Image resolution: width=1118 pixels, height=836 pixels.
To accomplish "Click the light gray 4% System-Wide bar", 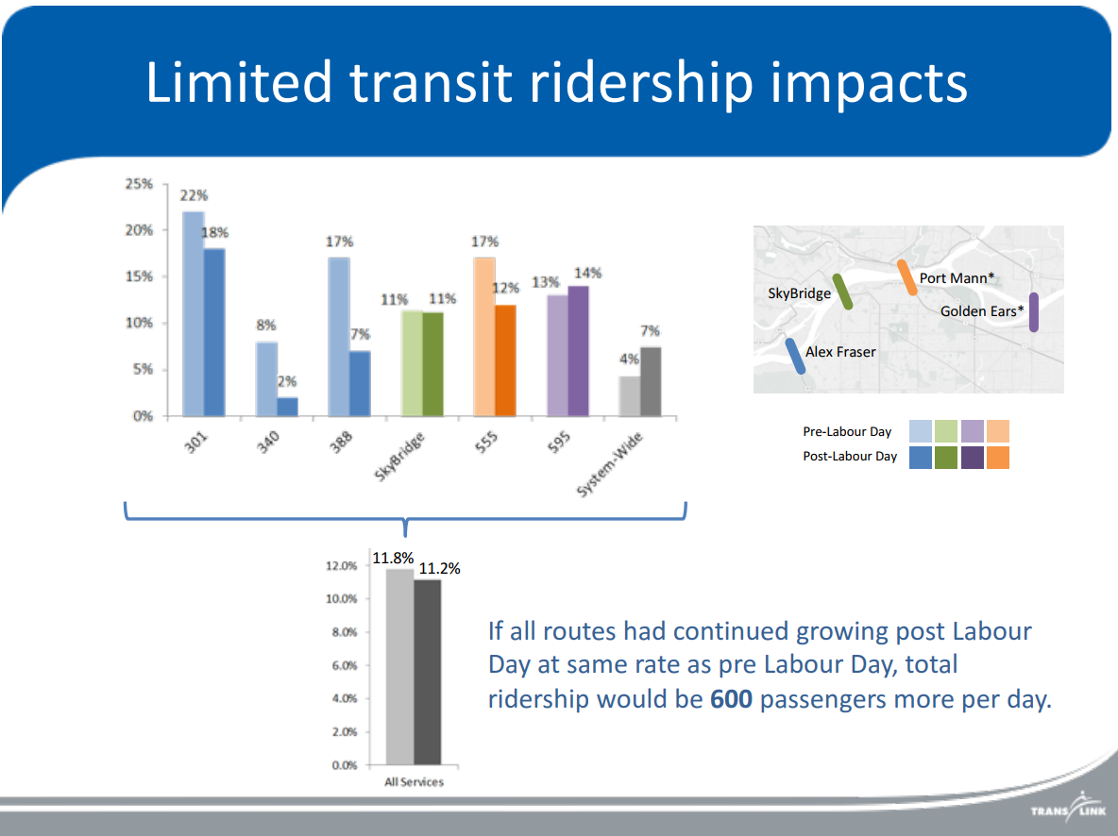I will tap(630, 396).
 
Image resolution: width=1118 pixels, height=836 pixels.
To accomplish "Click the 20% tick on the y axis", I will tap(139, 230).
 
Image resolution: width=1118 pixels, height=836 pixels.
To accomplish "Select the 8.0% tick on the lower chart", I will tap(343, 632).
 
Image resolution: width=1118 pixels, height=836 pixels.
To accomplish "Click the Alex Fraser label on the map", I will tap(840, 352).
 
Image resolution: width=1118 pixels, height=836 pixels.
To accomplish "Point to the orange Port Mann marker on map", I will tap(906, 278).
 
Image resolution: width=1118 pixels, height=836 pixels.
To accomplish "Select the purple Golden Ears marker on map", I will tap(1033, 312).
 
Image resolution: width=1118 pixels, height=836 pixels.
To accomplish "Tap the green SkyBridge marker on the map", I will tap(842, 293).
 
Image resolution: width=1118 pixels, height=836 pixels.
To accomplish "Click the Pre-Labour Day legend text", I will tap(847, 432).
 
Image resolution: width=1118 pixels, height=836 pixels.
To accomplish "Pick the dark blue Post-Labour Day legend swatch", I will tap(920, 458).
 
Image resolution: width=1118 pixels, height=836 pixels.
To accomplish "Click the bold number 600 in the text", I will tap(731, 700).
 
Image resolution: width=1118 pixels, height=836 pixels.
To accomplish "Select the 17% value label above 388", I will tap(339, 242).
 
